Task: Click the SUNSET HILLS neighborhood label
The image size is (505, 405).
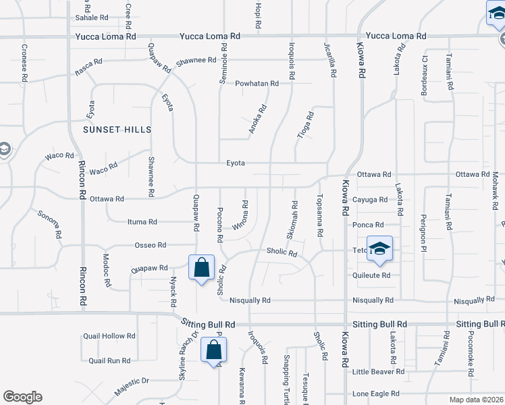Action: pyautogui.click(x=117, y=129)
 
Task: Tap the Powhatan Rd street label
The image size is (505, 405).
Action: pyautogui.click(x=257, y=84)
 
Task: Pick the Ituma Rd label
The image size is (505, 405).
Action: pyautogui.click(x=142, y=221)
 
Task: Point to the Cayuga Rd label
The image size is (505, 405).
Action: pyautogui.click(x=370, y=200)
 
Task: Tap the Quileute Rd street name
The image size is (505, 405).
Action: pyautogui.click(x=371, y=275)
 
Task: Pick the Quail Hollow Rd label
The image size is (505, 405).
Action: pyautogui.click(x=109, y=335)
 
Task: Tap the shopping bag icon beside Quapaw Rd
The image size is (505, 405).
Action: pyautogui.click(x=202, y=268)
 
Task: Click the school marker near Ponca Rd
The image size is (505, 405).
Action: pyautogui.click(x=379, y=248)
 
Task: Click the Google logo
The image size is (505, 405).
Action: pyautogui.click(x=22, y=397)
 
